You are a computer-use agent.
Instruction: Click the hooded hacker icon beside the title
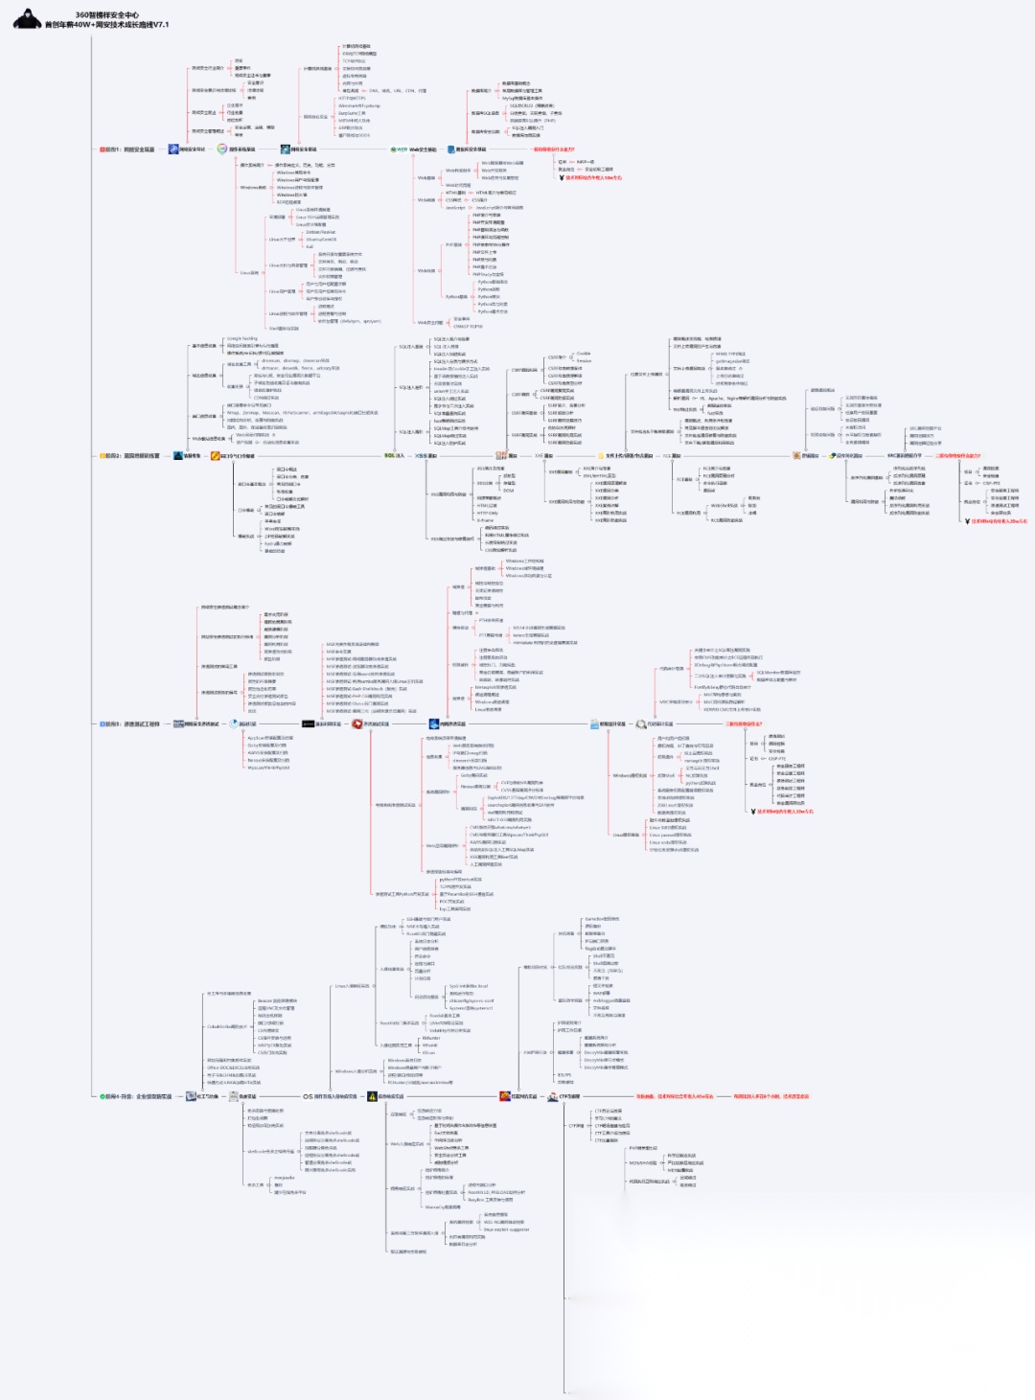point(26,19)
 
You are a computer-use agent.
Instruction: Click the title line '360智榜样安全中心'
point(106,15)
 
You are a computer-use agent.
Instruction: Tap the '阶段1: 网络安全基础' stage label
point(128,149)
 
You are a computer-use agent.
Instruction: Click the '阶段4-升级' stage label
point(137,1096)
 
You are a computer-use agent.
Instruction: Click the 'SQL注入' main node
point(394,456)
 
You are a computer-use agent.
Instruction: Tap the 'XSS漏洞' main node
point(425,456)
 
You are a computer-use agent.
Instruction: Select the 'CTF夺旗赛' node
point(569,1096)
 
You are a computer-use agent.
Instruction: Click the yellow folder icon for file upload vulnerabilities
point(599,456)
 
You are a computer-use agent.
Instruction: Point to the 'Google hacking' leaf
point(241,338)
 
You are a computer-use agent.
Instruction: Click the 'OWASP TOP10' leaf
point(468,326)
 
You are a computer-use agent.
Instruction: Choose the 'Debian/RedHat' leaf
point(320,232)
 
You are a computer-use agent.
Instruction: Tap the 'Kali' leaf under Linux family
point(310,246)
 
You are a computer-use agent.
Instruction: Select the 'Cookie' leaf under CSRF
point(584,354)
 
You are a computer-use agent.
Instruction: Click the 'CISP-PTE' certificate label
point(991,483)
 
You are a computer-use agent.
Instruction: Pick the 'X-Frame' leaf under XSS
point(485,520)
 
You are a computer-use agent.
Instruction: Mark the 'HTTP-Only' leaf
point(487,513)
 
